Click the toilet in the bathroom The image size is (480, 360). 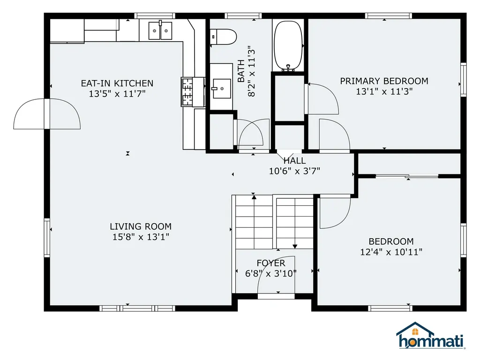click(224, 37)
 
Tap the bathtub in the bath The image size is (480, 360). click(288, 45)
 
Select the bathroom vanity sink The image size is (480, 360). click(222, 89)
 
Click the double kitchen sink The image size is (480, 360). click(160, 30)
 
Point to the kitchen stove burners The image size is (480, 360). click(187, 91)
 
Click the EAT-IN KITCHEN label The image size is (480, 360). click(117, 83)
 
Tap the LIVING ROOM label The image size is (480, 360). click(141, 226)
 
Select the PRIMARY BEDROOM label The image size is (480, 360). click(384, 81)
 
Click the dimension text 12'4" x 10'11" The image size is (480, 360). click(391, 252)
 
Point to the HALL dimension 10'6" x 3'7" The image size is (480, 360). click(294, 171)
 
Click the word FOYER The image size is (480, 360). click(271, 263)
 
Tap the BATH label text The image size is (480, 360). click(241, 71)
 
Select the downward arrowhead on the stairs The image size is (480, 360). click(295, 246)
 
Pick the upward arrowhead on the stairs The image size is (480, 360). click(254, 197)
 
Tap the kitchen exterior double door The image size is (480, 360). click(47, 113)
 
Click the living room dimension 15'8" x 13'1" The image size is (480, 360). click(141, 237)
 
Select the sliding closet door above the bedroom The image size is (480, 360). click(407, 176)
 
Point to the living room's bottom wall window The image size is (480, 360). click(137, 308)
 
